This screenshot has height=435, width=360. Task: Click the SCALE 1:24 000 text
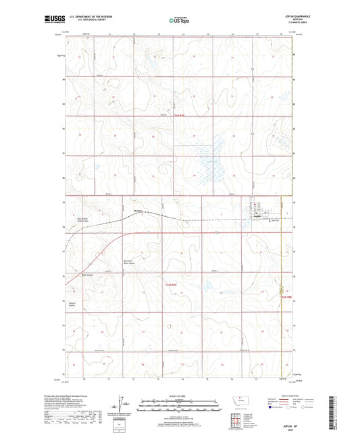180,396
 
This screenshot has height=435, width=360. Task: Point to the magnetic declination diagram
122,408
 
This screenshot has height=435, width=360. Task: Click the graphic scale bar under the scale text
180,407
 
